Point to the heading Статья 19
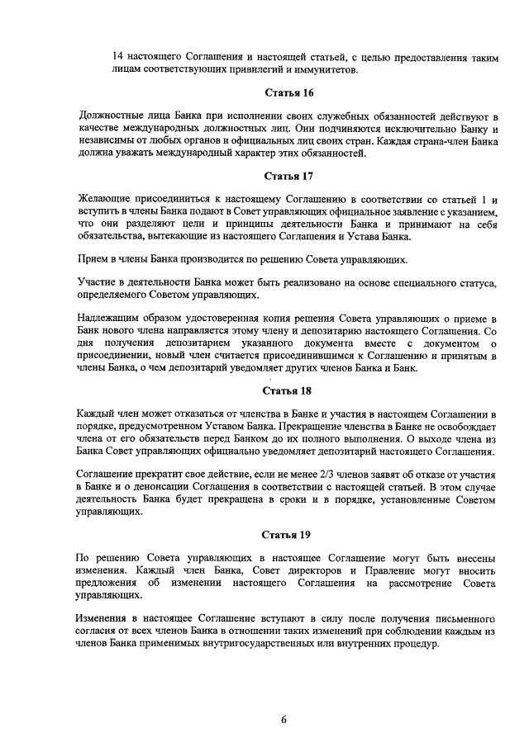coord(288,533)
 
